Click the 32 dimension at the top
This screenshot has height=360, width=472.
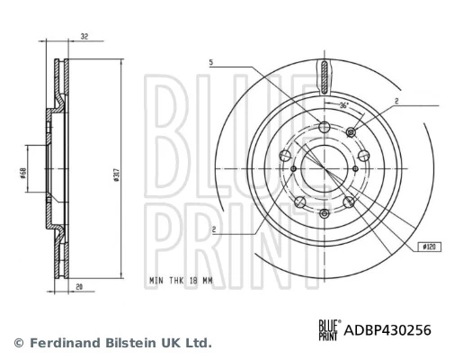84,38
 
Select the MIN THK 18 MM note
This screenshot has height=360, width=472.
181,281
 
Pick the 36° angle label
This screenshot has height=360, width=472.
343,106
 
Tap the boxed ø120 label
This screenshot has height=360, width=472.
429,246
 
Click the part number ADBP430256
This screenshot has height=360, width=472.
387,330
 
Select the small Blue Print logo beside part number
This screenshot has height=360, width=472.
330,330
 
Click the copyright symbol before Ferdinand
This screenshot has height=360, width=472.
17,343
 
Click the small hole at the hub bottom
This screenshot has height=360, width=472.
324,213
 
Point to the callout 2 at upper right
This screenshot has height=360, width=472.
396,102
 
